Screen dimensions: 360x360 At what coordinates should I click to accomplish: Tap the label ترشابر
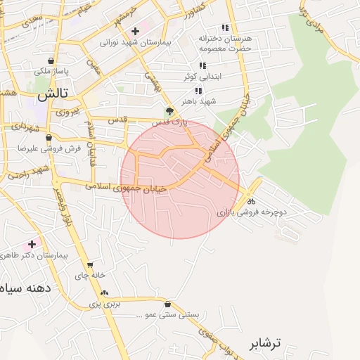pyautogui.click(x=264, y=343)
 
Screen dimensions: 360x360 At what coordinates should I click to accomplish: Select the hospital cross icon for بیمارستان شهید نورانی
pyautogui.click(x=135, y=31)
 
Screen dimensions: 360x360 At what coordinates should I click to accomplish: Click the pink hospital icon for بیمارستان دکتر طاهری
pyautogui.click(x=31, y=244)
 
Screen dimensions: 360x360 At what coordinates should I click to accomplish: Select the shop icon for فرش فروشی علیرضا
pyautogui.click(x=48, y=138)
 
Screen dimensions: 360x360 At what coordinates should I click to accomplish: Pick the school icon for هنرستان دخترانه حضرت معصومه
pyautogui.click(x=225, y=27)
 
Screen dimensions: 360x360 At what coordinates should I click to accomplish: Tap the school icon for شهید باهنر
pyautogui.click(x=198, y=91)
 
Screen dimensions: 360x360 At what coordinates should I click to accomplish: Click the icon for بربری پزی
pyautogui.click(x=104, y=293)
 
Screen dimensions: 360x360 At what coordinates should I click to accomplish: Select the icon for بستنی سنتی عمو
pyautogui.click(x=167, y=304)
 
